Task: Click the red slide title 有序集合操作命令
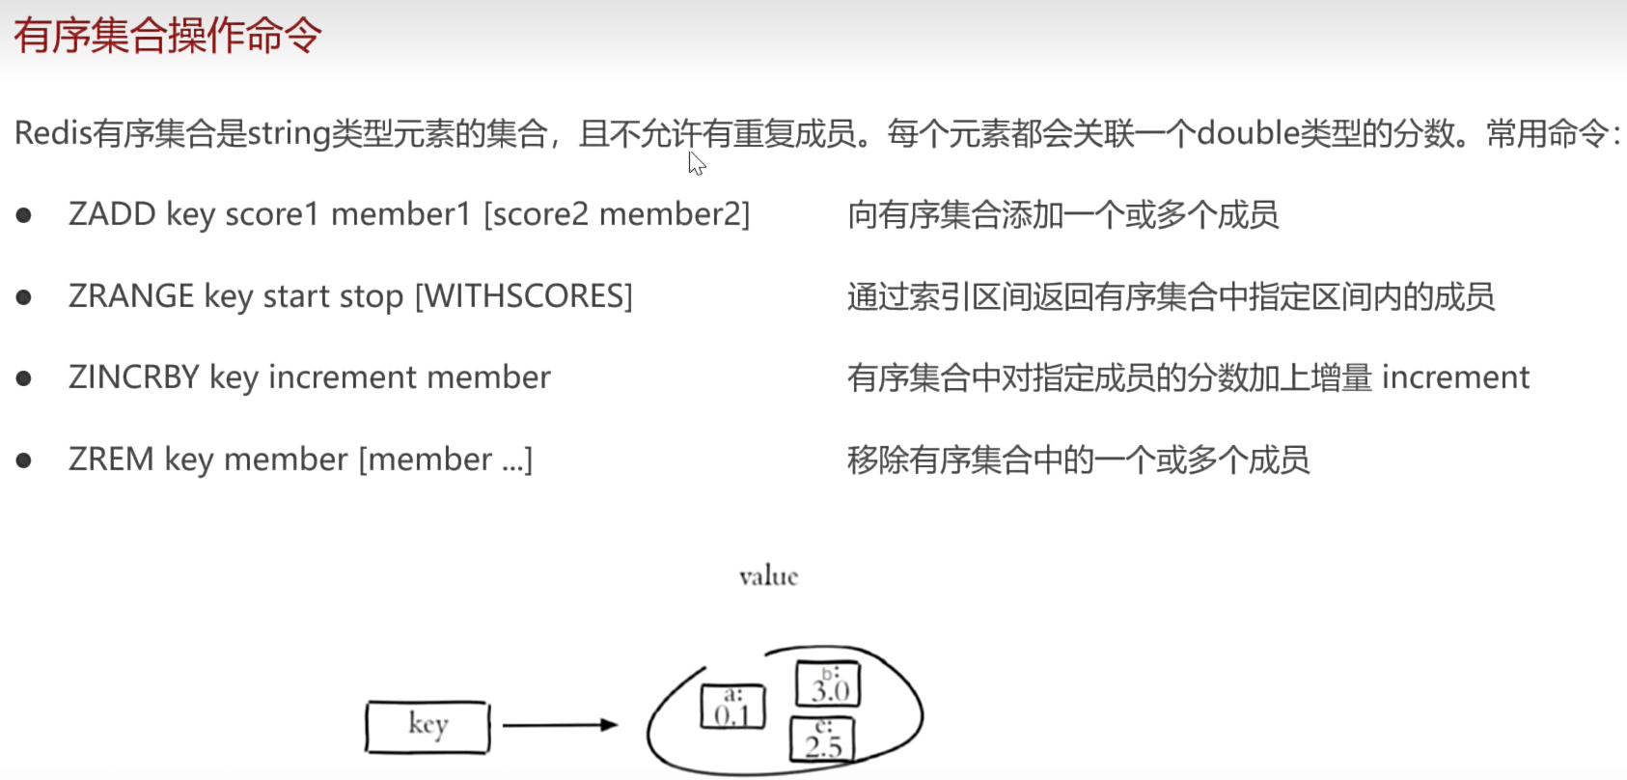[167, 36]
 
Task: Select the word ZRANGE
[131, 296]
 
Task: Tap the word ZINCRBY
[134, 377]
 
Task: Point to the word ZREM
[111, 460]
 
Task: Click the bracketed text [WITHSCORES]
[524, 296]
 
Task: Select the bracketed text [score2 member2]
[617, 214]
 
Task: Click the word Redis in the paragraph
[53, 133]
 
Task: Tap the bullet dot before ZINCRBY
[24, 378]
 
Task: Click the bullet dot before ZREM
[24, 460]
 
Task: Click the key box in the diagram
[427, 726]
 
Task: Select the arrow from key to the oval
[560, 724]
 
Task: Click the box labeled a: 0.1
[732, 707]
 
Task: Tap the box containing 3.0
[828, 684]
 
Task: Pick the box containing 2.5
[823, 740]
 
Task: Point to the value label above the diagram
[769, 577]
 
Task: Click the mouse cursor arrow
[697, 163]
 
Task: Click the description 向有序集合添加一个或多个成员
[1062, 214]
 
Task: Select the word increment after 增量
[1455, 377]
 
